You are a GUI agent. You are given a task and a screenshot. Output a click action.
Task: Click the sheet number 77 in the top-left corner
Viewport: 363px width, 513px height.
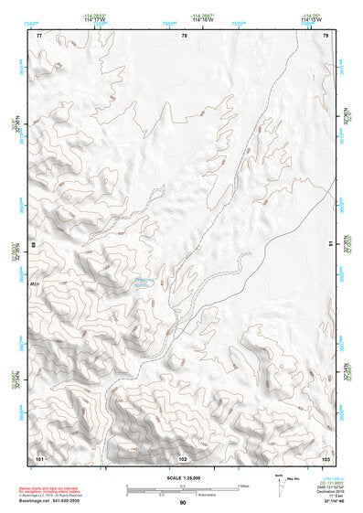point(39,35)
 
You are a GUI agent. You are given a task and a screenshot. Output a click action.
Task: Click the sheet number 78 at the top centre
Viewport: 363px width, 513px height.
point(184,35)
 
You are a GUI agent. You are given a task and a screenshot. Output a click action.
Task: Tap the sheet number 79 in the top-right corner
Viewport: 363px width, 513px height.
point(326,35)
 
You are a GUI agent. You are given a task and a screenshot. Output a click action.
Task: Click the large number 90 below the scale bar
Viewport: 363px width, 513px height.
point(183,502)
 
